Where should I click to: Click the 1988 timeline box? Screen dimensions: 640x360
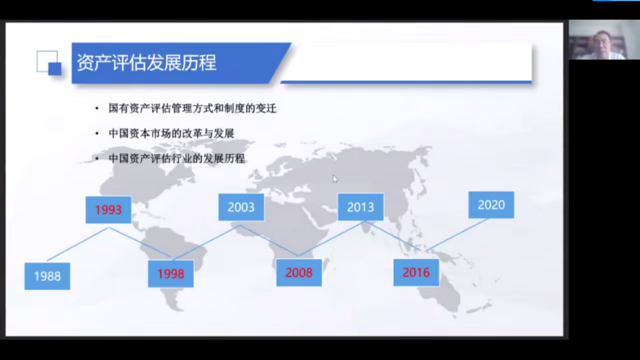47,276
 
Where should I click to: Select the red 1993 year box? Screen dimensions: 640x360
109,210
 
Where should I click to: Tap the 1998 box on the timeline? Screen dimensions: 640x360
171,274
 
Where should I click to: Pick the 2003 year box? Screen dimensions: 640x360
241,207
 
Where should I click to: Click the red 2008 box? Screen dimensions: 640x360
299,273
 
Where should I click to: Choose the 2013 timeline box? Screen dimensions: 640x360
360,207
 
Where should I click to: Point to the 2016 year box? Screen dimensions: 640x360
416,273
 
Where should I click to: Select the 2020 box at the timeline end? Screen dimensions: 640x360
492,205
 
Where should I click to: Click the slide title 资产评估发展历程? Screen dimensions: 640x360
146,63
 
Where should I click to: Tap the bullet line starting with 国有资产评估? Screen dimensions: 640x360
193,109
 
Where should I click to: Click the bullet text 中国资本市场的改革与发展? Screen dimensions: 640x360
172,133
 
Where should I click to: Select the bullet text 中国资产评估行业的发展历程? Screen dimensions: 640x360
177,158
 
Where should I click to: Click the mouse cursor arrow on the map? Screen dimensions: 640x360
335,179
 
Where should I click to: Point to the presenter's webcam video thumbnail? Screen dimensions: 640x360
604,40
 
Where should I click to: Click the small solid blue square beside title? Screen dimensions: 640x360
55,69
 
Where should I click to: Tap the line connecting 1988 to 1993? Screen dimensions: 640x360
78,244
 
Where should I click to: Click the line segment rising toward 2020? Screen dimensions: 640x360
457,235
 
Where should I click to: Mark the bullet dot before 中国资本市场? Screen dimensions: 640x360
97,133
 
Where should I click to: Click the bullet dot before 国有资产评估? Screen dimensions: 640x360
97,109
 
